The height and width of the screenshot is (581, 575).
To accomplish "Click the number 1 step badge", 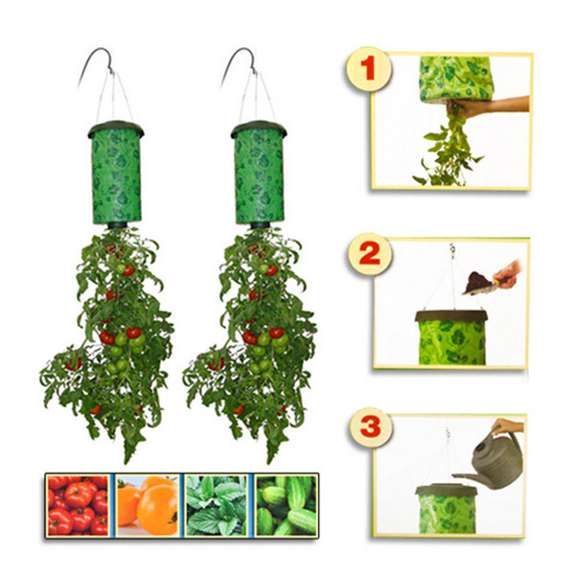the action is pos(368,69).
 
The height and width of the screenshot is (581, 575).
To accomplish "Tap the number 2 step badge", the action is pos(369,254).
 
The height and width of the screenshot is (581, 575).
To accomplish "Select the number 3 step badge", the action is pos(370,427).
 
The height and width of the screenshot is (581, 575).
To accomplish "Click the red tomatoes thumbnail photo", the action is pos(78,505).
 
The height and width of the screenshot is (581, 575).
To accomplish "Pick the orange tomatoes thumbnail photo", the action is pos(147,505).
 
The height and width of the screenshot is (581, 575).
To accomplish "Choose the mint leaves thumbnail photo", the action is pos(217,505).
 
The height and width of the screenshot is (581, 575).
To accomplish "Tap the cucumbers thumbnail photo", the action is pos(286,505).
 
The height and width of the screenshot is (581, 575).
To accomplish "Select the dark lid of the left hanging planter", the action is pos(116,128).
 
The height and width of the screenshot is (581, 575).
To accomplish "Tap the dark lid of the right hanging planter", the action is pos(259,128).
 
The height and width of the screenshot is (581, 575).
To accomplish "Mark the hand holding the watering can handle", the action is pos(508,426).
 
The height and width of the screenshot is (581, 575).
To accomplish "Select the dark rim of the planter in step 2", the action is pos(450,316).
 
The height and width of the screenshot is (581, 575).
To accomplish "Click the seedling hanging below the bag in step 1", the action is pos(449,149).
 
